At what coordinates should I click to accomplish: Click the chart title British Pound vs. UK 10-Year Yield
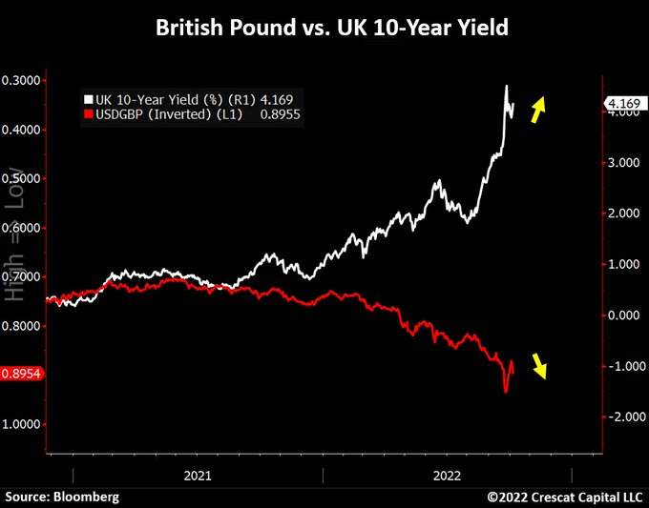[x=324, y=29]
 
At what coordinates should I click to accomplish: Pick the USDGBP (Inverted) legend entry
[x=162, y=114]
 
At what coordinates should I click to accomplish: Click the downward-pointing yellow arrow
[x=540, y=366]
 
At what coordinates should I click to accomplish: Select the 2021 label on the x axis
[x=198, y=474]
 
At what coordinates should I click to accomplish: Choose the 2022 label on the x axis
[x=448, y=474]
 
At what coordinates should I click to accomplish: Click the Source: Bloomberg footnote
[x=63, y=498]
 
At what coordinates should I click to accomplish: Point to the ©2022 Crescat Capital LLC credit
[x=565, y=498]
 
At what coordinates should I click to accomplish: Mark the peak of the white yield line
[x=506, y=87]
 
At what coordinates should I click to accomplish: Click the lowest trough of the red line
[x=506, y=391]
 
